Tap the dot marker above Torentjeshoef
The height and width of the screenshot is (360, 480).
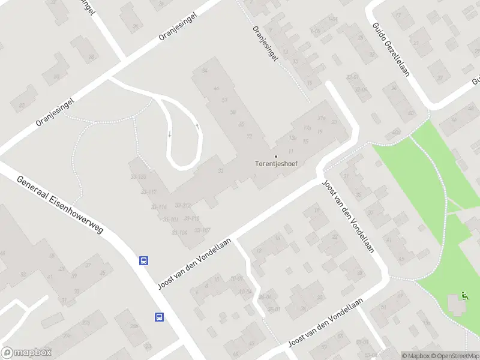click(x=276, y=156)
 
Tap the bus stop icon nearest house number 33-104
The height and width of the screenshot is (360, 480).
click(x=144, y=260)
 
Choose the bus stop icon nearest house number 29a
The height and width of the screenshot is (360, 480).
click(x=159, y=317)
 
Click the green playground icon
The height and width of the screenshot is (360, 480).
click(x=464, y=295)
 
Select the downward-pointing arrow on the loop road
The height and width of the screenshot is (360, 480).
click(x=169, y=134)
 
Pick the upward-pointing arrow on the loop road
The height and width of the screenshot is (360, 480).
click(x=197, y=126)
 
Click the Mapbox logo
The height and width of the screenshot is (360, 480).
click(x=26, y=353)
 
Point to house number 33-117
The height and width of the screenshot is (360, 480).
click(x=149, y=191)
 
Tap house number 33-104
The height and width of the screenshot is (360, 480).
click(x=179, y=232)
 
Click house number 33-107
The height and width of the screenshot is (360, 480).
click(x=202, y=230)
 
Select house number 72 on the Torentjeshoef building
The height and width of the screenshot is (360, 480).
click(x=248, y=136)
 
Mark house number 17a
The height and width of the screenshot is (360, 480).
click(x=307, y=128)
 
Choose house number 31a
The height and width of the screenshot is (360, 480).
click(x=322, y=118)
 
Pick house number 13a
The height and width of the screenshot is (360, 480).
click(x=293, y=137)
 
